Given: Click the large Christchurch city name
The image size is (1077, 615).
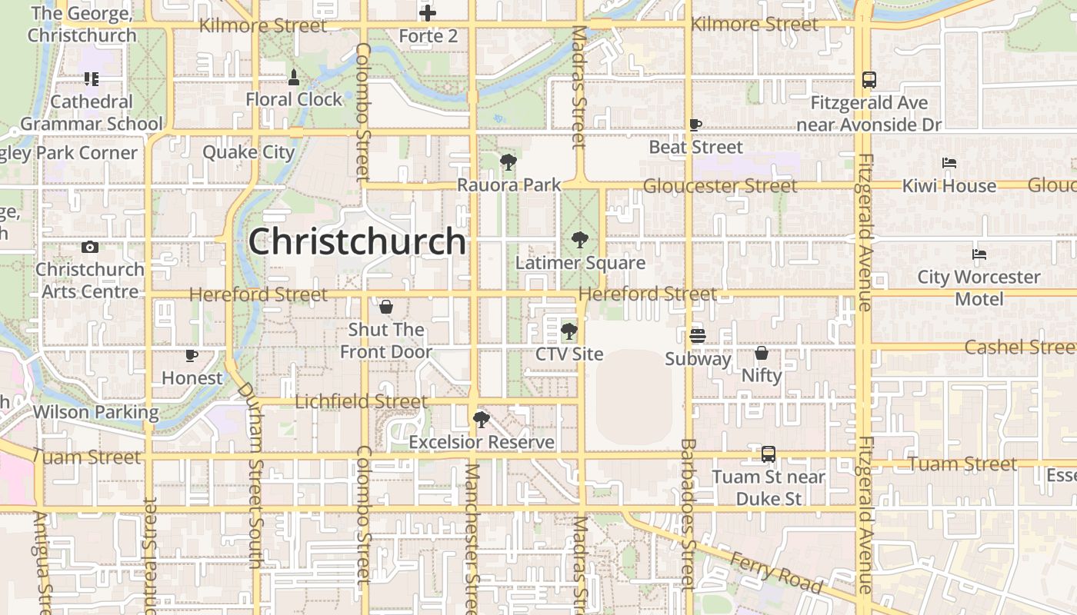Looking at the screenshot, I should pyautogui.click(x=357, y=241).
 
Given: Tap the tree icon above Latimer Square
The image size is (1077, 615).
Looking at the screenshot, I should pyautogui.click(x=579, y=240).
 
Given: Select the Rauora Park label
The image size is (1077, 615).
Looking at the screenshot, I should pyautogui.click(x=509, y=185).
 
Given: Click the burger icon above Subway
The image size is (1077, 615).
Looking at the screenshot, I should pyautogui.click(x=698, y=335).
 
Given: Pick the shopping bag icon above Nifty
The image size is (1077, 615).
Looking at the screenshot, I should pyautogui.click(x=762, y=353).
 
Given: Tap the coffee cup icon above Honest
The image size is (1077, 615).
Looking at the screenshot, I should pyautogui.click(x=192, y=355).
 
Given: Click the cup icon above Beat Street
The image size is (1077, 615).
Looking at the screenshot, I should pyautogui.click(x=695, y=125).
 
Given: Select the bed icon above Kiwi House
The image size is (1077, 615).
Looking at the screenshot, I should pyautogui.click(x=949, y=163).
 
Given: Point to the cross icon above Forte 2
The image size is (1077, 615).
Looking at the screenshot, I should pyautogui.click(x=428, y=13).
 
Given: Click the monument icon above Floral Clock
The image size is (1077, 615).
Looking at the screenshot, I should pyautogui.click(x=294, y=77).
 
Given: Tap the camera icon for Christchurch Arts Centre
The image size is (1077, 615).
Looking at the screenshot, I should pyautogui.click(x=90, y=247).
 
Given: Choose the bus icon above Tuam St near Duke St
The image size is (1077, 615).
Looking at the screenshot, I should pyautogui.click(x=768, y=454).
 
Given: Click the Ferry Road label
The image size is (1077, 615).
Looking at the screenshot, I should pyautogui.click(x=776, y=572).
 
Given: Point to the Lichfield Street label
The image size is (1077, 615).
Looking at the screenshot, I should pyautogui.click(x=361, y=401).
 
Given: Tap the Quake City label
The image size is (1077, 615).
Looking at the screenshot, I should pyautogui.click(x=248, y=152).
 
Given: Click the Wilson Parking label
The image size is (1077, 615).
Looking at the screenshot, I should pyautogui.click(x=95, y=412).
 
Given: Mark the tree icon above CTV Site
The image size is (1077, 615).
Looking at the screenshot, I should pyautogui.click(x=569, y=331).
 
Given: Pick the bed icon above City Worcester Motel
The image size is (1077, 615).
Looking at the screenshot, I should pyautogui.click(x=979, y=254).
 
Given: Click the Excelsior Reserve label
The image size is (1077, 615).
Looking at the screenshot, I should pyautogui.click(x=482, y=442).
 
